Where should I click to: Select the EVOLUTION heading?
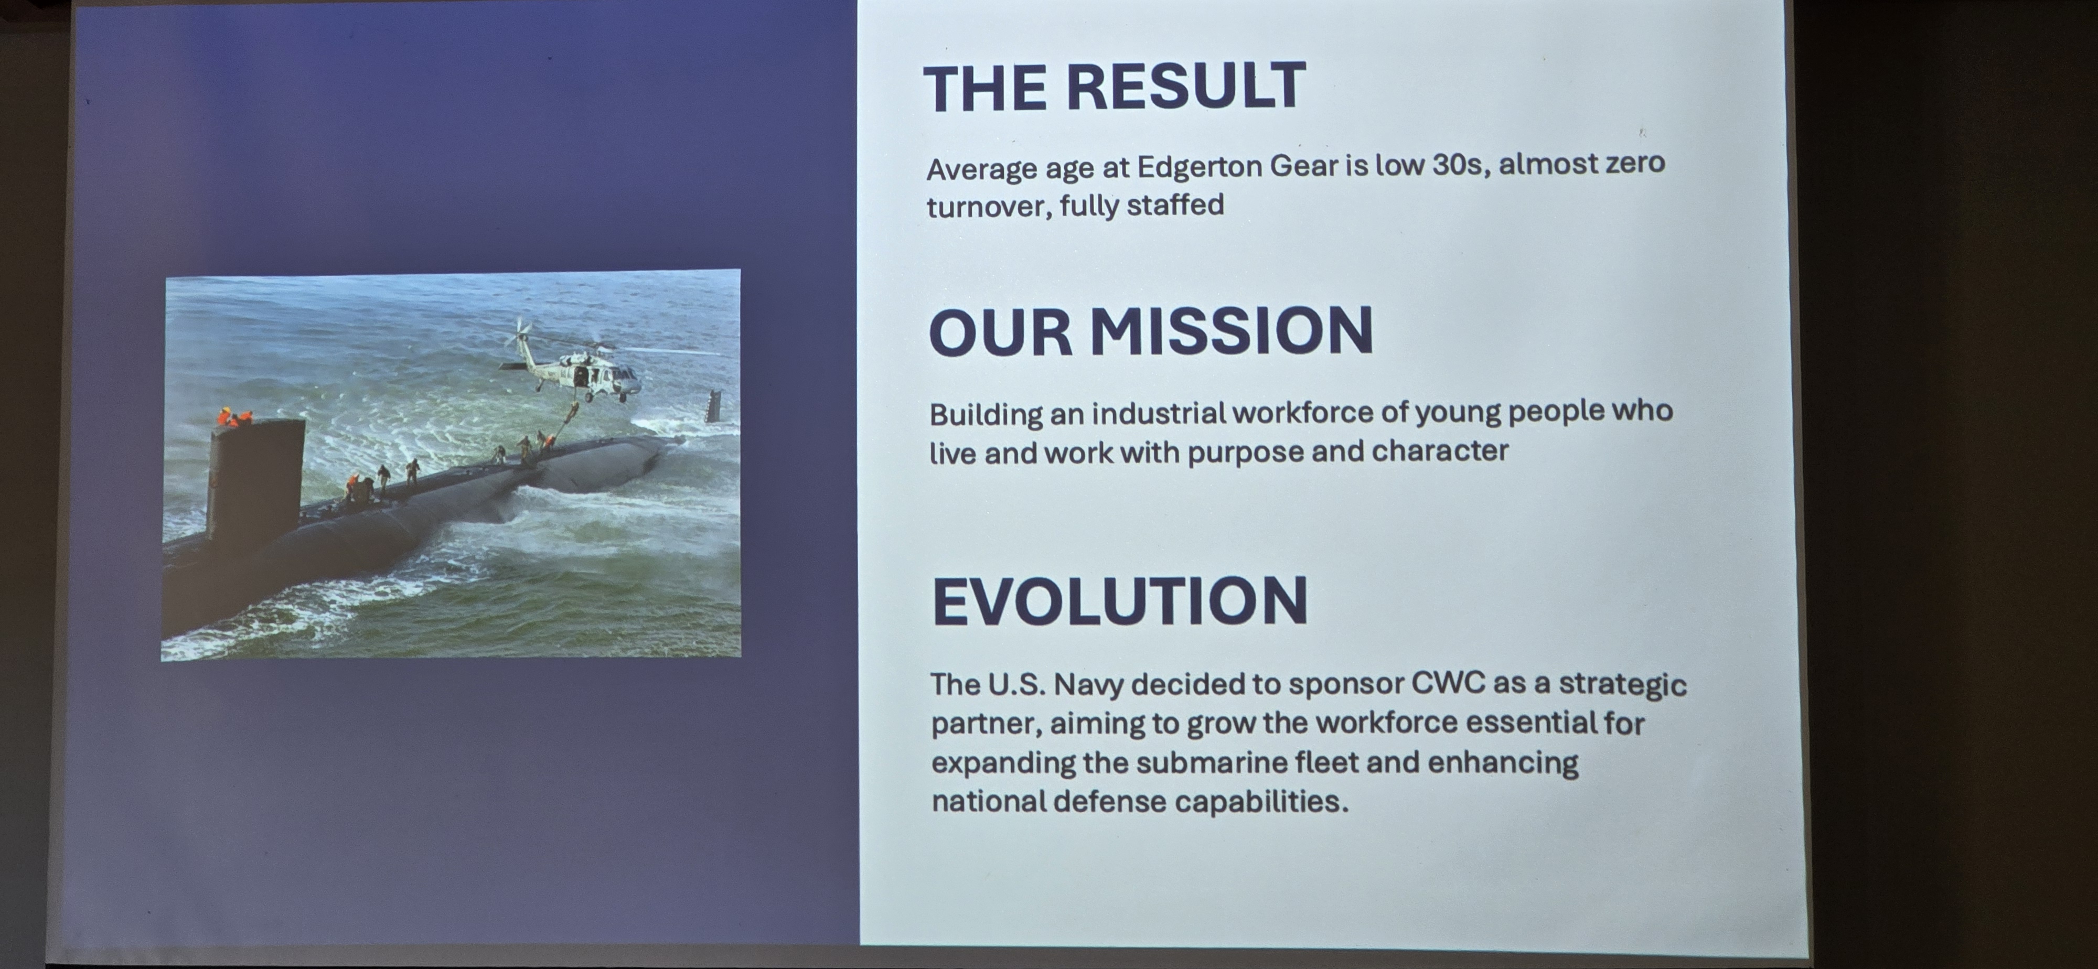point(1120,600)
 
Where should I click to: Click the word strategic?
point(1622,684)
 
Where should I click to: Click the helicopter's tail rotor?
point(521,332)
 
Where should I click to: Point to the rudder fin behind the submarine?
point(713,405)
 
